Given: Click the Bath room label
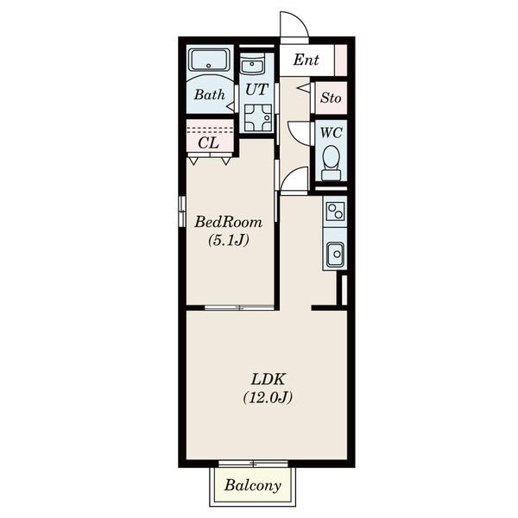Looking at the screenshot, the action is click(210, 95).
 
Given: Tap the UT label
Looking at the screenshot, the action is click(256, 90).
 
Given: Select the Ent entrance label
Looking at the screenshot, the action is click(306, 60).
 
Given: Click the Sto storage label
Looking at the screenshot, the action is click(331, 98).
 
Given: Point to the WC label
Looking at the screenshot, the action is click(331, 133).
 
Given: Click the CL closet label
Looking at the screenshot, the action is click(209, 143).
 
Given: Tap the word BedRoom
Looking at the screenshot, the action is click(228, 222).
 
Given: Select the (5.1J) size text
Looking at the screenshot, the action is click(228, 240).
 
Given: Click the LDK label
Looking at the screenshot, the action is click(268, 379).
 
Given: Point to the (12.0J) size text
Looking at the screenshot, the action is click(268, 397).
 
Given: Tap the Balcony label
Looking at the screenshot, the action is click(253, 485).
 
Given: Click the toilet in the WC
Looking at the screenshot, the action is click(331, 163).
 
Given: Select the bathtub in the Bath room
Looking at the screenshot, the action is click(209, 60).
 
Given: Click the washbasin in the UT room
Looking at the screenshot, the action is click(252, 64).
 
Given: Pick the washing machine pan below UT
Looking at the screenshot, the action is click(258, 117).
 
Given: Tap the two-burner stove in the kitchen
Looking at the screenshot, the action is click(335, 212).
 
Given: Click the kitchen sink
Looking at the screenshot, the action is click(335, 255).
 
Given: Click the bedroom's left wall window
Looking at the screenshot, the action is click(182, 212).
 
